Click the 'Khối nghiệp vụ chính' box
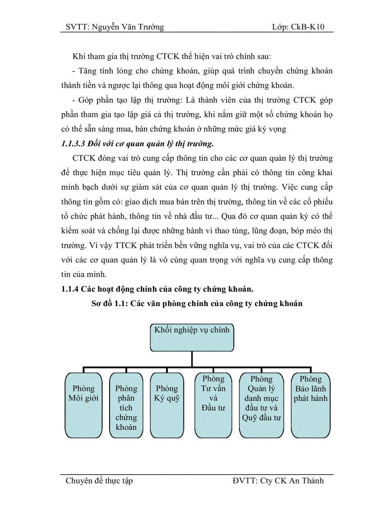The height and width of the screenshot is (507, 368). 192,337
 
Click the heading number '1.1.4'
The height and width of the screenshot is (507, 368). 71,290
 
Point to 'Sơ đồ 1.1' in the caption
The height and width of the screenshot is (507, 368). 109,304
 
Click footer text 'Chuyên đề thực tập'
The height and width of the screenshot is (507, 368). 99,481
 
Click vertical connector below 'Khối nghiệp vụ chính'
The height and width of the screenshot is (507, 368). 192,359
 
